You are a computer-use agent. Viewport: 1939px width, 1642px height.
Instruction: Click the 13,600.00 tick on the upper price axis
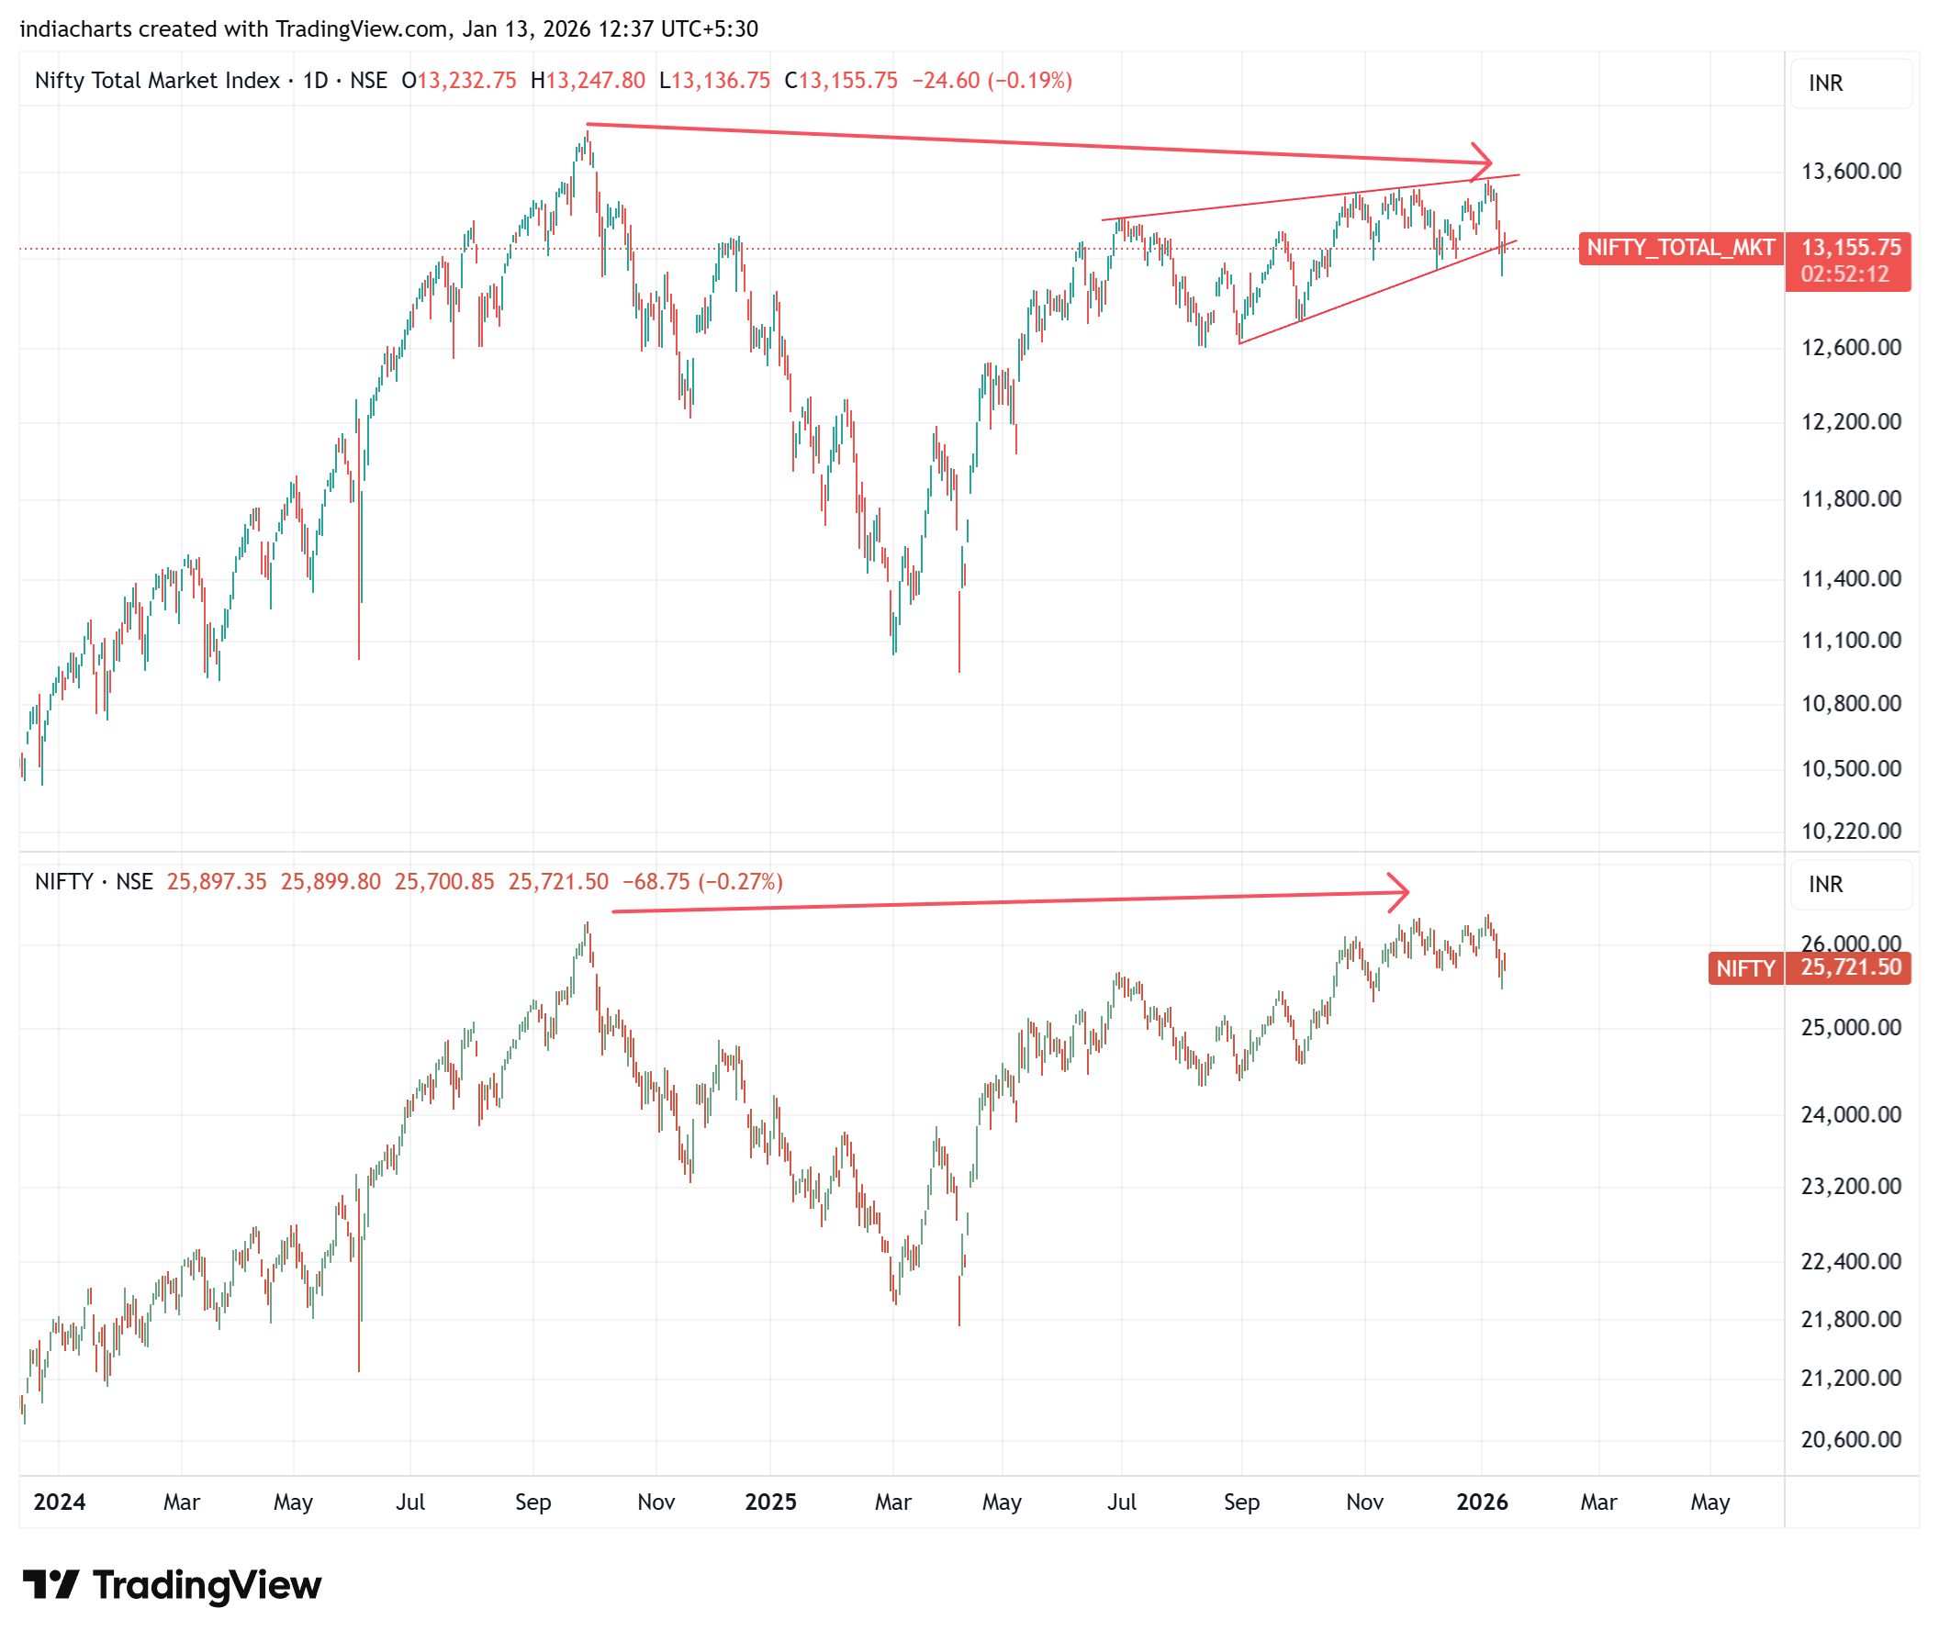[x=1850, y=172]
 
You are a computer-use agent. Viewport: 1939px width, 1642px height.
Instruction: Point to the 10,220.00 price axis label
[x=1850, y=832]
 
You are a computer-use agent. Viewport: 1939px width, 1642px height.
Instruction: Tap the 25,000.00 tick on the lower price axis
[x=1850, y=1028]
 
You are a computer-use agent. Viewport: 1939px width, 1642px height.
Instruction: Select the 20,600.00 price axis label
[x=1850, y=1440]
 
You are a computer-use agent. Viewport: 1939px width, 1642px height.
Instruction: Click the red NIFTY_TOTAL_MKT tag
[x=1679, y=248]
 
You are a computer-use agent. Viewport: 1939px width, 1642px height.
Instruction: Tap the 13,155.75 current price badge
[x=1850, y=248]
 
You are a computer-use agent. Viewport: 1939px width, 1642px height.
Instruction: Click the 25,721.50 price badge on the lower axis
[x=1850, y=968]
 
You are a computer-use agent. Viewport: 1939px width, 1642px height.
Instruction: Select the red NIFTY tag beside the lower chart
[x=1744, y=969]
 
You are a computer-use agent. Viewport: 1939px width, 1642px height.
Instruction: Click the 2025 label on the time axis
[x=771, y=1502]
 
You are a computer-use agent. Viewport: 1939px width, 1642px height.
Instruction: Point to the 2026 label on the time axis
[x=1482, y=1502]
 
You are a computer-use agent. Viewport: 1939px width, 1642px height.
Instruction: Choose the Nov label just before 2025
[x=656, y=1502]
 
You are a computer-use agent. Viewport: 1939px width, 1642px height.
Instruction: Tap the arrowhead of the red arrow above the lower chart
[x=1403, y=892]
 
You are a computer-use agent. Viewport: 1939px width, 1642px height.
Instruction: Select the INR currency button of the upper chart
[x=1825, y=84]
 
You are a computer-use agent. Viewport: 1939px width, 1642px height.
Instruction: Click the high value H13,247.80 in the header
[x=588, y=81]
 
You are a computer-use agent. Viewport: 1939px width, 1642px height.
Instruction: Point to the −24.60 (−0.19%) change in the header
[x=992, y=81]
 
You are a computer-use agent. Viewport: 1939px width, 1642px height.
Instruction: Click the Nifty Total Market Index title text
[x=157, y=81]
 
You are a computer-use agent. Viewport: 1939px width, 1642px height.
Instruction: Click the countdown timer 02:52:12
[x=1844, y=274]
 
